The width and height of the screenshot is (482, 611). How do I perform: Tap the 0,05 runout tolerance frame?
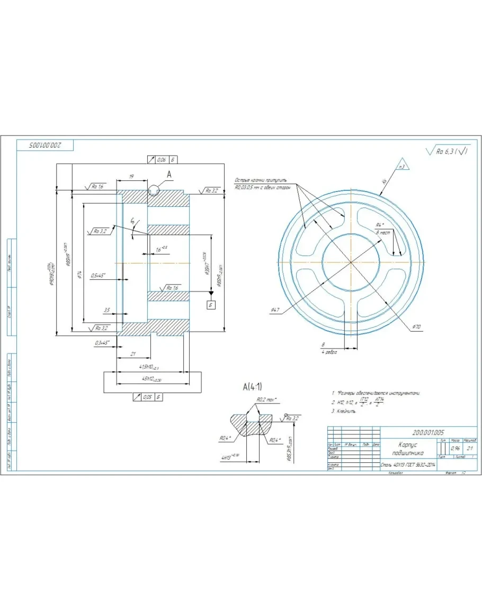click(x=146, y=396)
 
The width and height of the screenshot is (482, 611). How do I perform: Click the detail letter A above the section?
click(x=169, y=173)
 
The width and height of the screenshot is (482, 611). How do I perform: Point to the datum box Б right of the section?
click(x=211, y=305)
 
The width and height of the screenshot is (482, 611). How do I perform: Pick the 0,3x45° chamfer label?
click(x=100, y=343)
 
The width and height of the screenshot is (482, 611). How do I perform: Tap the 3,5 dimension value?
click(x=106, y=310)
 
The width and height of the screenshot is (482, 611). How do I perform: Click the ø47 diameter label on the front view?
click(x=275, y=310)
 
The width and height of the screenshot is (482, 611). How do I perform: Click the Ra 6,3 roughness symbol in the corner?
click(x=447, y=151)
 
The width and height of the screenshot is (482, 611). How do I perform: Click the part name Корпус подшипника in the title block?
click(x=406, y=449)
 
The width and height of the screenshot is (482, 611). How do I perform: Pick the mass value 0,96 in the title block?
click(x=455, y=448)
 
